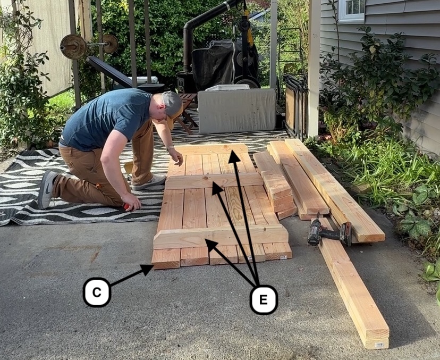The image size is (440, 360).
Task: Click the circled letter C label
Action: (x=97, y=292)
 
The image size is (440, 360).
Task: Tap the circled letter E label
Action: (x=264, y=299)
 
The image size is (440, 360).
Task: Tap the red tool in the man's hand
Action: (x=126, y=207)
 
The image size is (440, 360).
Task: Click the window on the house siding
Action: (x=352, y=11)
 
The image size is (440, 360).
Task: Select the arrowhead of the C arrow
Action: (x=147, y=270)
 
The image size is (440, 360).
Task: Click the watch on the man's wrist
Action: (x=170, y=148)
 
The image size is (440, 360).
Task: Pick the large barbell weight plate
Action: (x=73, y=46)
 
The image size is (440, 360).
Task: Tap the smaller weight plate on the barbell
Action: (x=111, y=44)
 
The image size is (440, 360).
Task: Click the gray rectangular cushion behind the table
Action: (x=237, y=111)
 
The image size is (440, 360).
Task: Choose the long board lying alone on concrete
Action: (x=353, y=282)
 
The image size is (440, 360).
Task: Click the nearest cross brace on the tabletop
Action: (x=221, y=237)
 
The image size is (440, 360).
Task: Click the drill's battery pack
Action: (x=346, y=234)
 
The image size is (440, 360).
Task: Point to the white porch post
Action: (x=314, y=69)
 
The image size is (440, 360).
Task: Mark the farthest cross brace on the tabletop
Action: (x=211, y=149)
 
